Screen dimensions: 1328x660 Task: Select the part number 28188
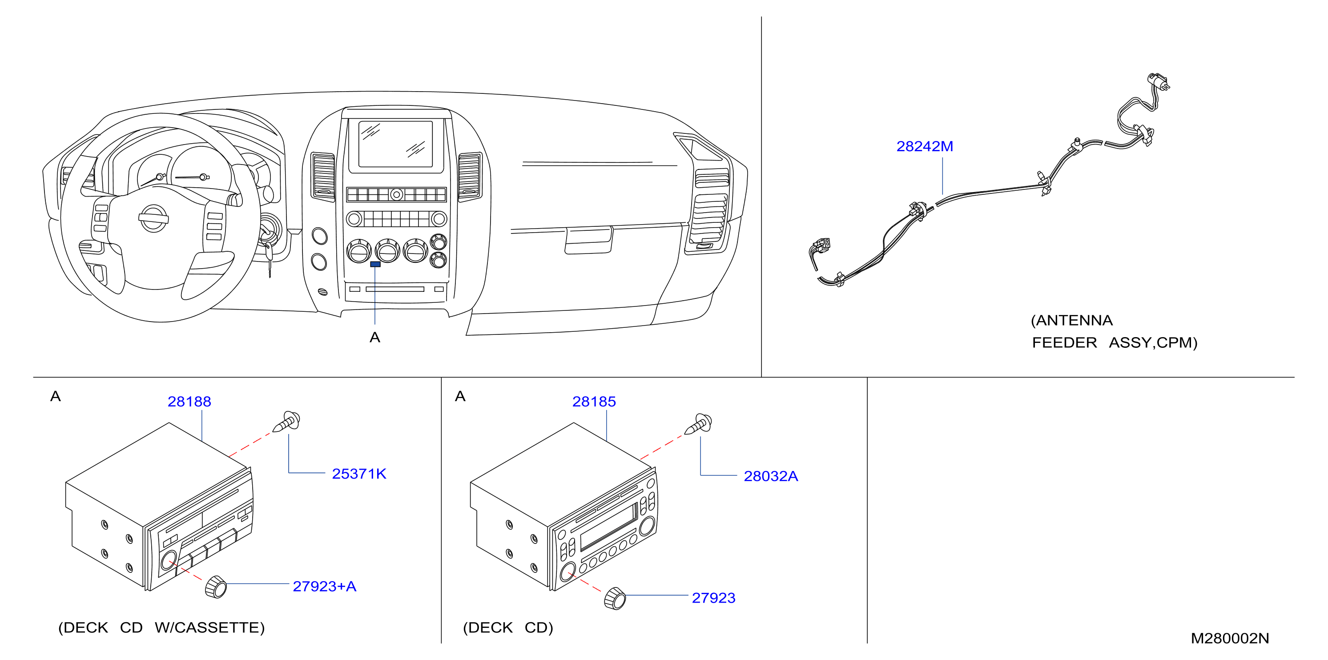click(189, 402)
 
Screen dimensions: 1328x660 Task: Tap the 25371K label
click(359, 474)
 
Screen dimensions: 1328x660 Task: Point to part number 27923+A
click(324, 586)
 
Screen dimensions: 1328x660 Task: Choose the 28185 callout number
click(594, 402)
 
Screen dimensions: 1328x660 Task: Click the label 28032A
click(771, 476)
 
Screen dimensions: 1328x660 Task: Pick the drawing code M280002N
click(1230, 638)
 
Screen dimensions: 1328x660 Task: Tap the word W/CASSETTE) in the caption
click(209, 628)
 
